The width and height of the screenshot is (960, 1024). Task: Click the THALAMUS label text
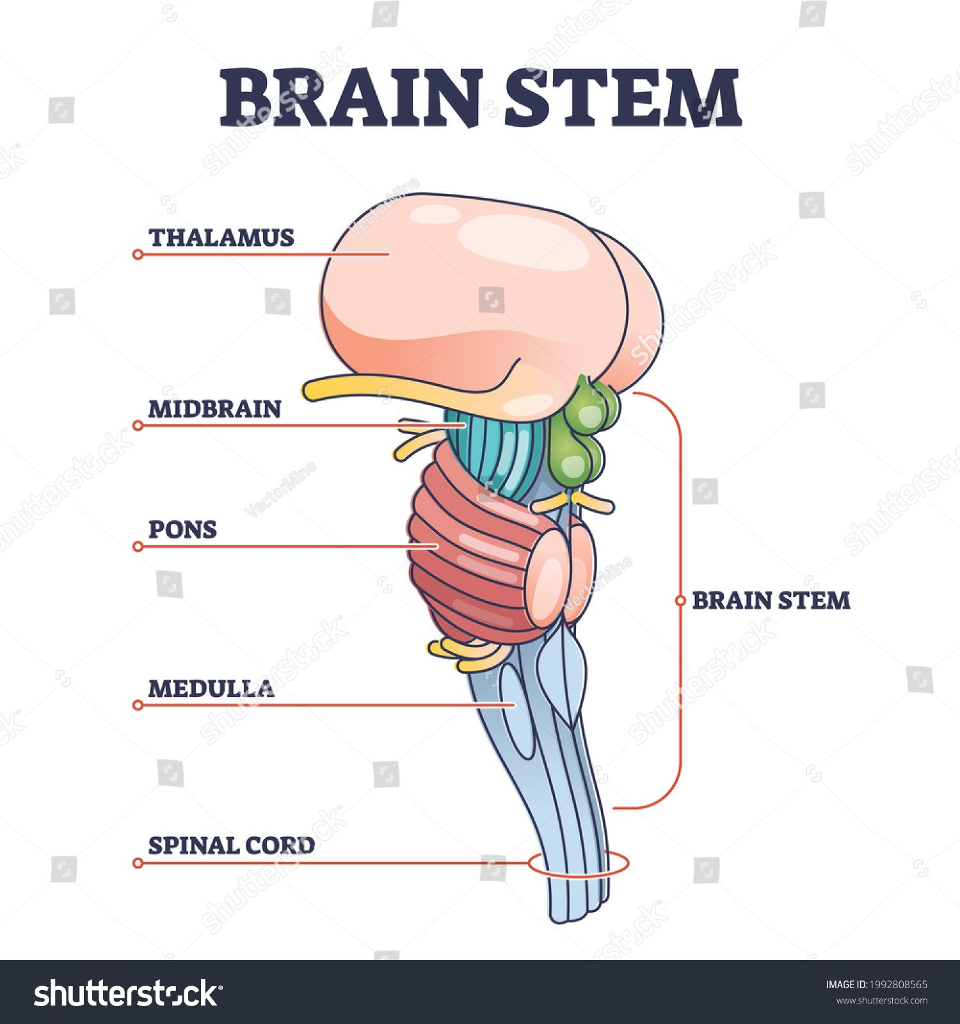coord(221,237)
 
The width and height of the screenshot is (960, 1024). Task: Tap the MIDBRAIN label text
coord(214,409)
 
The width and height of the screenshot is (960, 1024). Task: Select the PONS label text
coord(182,529)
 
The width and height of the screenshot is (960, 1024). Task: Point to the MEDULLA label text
coord(211,689)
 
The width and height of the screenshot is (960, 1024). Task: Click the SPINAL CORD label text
coord(231,845)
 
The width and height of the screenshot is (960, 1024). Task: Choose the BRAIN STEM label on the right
coord(771,600)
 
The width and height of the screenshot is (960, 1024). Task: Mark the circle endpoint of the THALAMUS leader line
coord(138,255)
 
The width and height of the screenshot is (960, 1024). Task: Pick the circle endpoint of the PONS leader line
coord(138,547)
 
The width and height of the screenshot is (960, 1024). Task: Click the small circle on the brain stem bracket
coord(680,600)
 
